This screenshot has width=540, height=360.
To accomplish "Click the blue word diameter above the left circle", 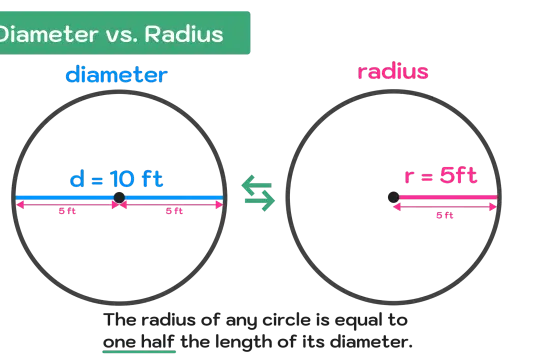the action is (x=116, y=74).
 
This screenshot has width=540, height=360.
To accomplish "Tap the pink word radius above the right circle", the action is (x=393, y=71).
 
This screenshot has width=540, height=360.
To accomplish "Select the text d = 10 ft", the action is (x=116, y=179).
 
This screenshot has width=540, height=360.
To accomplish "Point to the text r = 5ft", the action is (x=441, y=175).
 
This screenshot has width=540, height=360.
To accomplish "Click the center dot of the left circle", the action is (x=119, y=198).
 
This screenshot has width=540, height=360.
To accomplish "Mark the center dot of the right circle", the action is (x=394, y=197).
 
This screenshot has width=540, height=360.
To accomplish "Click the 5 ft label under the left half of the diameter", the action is (x=67, y=211).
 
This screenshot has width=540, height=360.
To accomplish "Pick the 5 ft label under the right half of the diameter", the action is (x=174, y=211).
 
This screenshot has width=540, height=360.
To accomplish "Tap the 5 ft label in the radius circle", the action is (x=445, y=215).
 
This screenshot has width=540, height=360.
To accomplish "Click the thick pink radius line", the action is (x=447, y=197).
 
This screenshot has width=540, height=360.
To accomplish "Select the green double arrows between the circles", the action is (x=258, y=193).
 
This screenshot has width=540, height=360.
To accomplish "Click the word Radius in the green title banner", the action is (x=184, y=34).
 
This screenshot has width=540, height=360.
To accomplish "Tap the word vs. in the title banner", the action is (x=123, y=36).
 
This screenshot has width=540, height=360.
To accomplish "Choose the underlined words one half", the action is (x=139, y=342).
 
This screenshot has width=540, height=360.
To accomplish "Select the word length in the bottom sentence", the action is (x=243, y=342).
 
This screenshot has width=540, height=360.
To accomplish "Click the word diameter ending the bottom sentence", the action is (x=371, y=342).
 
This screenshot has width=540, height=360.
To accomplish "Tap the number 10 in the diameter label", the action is (x=122, y=179).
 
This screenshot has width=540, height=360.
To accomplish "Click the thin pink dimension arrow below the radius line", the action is (x=445, y=207).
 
